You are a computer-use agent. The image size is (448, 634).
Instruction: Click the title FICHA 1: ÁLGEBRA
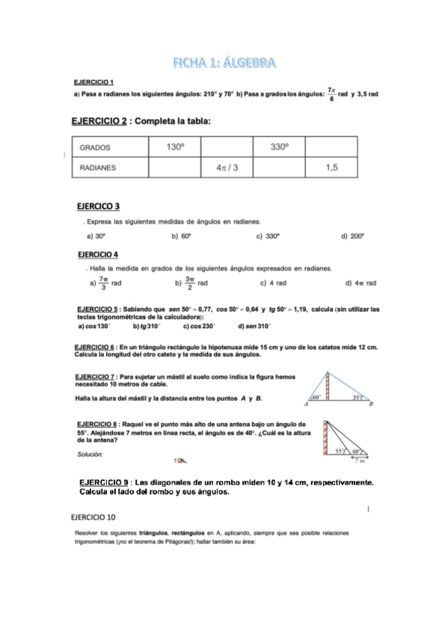point(224,61)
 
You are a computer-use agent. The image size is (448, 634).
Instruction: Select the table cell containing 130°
point(175,148)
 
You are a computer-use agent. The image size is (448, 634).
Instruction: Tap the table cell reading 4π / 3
point(227,168)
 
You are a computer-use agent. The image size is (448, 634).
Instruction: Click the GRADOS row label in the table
point(94,149)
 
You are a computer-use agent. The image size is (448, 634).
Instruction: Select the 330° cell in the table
point(279,148)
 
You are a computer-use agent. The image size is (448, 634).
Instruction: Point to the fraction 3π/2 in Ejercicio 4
point(190,283)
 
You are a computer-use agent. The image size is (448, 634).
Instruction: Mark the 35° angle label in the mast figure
point(358,398)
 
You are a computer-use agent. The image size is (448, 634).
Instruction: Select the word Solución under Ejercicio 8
point(90,454)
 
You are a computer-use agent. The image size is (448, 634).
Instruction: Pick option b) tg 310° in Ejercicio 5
point(147,326)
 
